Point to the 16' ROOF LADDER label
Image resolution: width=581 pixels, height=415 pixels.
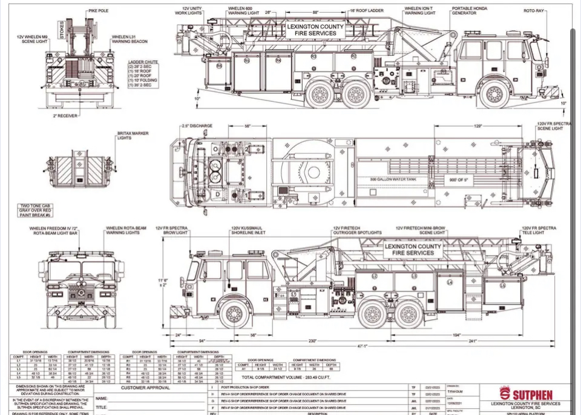point(366,10)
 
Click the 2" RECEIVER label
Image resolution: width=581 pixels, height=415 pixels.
point(65,115)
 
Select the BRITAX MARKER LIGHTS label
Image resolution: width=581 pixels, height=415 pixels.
point(133,135)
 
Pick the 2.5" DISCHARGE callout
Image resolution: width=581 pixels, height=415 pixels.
point(197,126)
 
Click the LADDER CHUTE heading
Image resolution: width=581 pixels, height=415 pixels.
point(143,62)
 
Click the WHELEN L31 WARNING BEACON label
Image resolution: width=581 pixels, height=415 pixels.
point(130,39)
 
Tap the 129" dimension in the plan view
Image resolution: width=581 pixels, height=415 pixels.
point(478,126)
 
